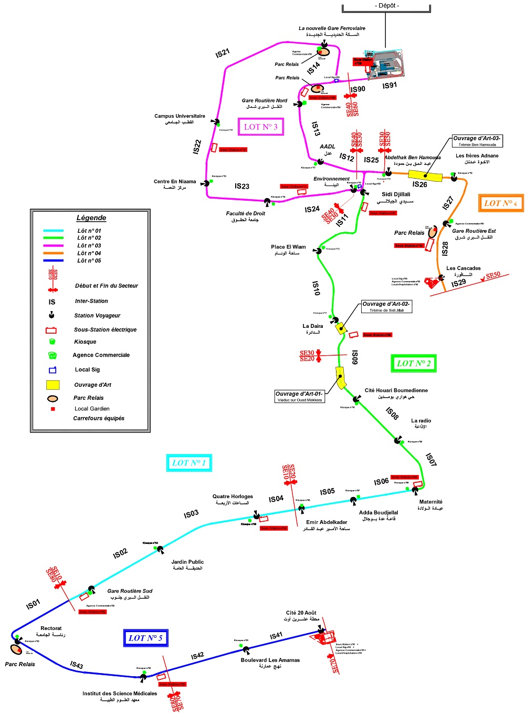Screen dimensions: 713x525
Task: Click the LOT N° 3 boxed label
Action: [260, 127]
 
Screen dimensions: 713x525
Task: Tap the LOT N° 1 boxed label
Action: [188, 463]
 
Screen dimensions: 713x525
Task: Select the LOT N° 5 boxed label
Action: [145, 638]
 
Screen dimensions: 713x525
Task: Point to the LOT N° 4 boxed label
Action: [500, 203]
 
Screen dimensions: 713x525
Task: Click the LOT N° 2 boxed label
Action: [414, 363]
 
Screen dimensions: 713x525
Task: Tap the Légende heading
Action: [91, 218]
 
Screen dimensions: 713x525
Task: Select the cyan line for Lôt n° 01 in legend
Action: [53, 231]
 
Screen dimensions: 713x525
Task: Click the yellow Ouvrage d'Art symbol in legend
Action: [52, 385]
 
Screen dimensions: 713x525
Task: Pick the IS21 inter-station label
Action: [223, 53]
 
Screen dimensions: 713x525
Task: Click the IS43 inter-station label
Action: [77, 665]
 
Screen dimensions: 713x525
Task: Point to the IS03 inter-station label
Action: [191, 513]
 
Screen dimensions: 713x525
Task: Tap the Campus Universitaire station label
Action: [180, 116]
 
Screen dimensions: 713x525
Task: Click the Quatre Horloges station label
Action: [233, 497]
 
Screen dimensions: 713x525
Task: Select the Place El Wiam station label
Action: [288, 247]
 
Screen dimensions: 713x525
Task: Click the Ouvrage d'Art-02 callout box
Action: [386, 307]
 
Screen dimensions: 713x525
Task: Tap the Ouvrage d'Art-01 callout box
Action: [299, 397]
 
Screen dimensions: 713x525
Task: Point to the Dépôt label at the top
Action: [387, 5]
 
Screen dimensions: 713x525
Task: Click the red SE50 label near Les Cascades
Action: [493, 276]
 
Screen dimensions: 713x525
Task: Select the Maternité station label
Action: [430, 502]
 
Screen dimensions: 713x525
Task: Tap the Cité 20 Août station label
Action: [301, 613]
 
